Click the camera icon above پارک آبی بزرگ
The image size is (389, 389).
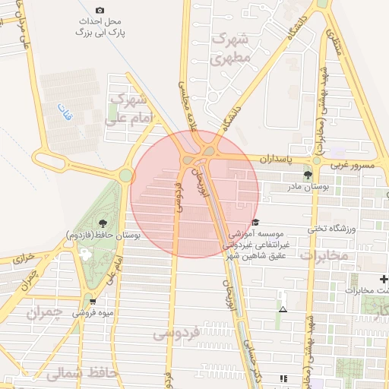(x=101, y=11)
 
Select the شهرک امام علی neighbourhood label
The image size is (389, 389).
(x=131, y=109)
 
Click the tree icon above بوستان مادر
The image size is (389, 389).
(x=307, y=175)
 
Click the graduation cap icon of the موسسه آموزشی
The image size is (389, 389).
(x=256, y=222)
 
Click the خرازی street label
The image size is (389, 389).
(x=23, y=259)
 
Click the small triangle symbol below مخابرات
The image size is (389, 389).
(x=283, y=309)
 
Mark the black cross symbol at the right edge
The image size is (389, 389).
(x=384, y=280)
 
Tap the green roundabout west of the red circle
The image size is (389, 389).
(x=125, y=176)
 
